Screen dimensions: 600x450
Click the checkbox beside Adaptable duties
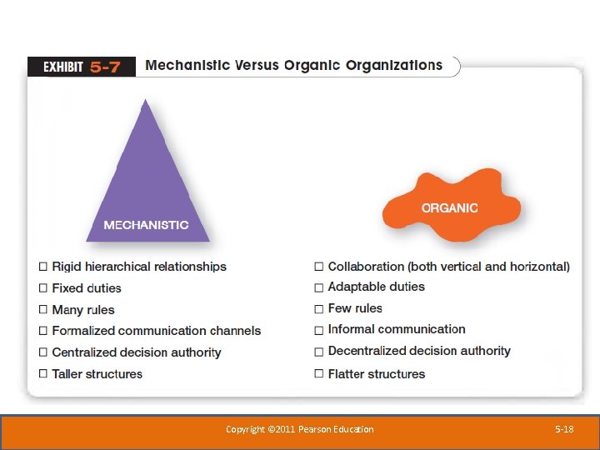point(318,287)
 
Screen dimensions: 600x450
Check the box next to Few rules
point(318,309)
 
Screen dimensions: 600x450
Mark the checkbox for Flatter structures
point(318,374)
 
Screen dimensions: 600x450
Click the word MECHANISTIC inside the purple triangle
point(146,225)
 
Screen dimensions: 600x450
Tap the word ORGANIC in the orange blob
point(450,207)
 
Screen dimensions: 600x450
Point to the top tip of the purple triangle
point(147,100)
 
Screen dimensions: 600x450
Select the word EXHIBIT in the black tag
point(62,67)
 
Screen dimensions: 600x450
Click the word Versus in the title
point(249,65)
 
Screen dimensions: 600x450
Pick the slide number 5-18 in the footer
point(564,429)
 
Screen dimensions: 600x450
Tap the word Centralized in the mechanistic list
point(85,352)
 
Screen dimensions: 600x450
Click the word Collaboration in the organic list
point(366,267)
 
